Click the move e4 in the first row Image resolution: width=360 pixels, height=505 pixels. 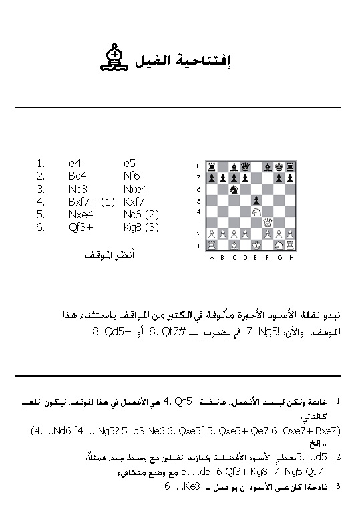(x=74, y=162)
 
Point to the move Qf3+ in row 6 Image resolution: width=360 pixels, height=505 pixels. (x=79, y=226)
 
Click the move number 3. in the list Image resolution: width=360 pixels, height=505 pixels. (x=41, y=188)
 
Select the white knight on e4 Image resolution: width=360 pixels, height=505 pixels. (x=256, y=211)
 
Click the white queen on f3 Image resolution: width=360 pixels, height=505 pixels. (x=267, y=222)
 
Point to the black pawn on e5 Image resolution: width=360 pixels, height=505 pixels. (x=256, y=200)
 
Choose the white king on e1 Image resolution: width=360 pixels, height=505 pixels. (x=256, y=245)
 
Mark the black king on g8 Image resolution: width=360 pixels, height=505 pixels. (x=279, y=166)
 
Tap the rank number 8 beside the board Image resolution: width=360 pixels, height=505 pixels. (x=198, y=166)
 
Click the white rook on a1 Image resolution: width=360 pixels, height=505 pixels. (x=211, y=245)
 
